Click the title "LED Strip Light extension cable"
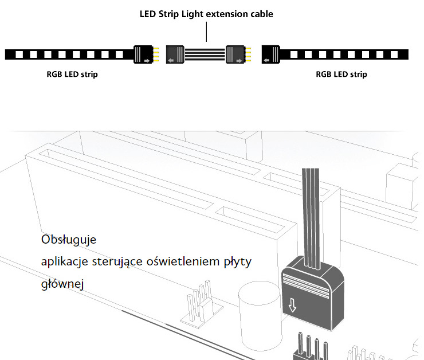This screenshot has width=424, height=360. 206,14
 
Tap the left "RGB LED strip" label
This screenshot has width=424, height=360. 72,74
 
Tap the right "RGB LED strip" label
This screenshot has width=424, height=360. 341,74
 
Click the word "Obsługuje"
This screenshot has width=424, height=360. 69,240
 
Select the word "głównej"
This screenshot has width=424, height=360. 62,284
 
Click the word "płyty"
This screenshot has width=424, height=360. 238,262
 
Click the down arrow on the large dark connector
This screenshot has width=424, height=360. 292,305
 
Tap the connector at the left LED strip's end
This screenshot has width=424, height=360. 146,54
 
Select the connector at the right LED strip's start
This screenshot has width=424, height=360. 270,54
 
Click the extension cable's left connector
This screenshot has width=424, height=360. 175,54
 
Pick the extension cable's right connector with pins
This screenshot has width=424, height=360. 238,54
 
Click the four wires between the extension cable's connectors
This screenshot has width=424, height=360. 205,54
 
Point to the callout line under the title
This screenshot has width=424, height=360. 207,32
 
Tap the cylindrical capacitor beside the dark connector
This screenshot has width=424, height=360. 260,316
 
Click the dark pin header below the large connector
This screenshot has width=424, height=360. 311,347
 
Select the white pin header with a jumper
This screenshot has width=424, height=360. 202,305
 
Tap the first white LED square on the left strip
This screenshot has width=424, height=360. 19,54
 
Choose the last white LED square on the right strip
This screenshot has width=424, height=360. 394,54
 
